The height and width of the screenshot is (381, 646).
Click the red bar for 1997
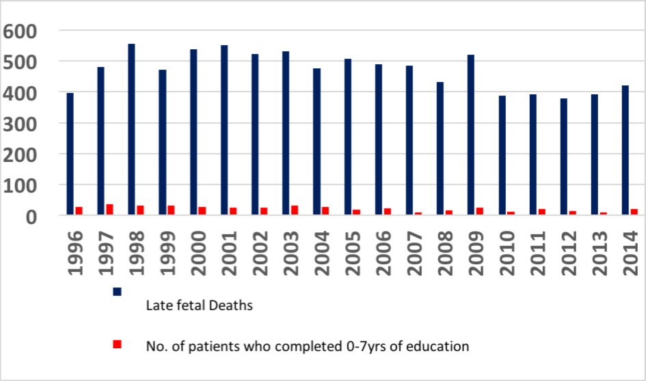coord(109,210)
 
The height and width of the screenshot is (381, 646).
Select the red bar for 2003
coord(295,210)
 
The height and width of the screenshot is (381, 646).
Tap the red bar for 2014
coord(634,212)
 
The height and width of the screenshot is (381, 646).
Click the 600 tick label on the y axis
coord(21,31)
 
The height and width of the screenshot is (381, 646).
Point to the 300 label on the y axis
coord(21,124)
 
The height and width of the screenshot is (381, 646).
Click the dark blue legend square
coord(117,292)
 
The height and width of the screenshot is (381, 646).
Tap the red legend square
coord(117,343)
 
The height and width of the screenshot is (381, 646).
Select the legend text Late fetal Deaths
coord(200,305)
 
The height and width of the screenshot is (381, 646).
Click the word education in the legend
coord(439,346)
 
